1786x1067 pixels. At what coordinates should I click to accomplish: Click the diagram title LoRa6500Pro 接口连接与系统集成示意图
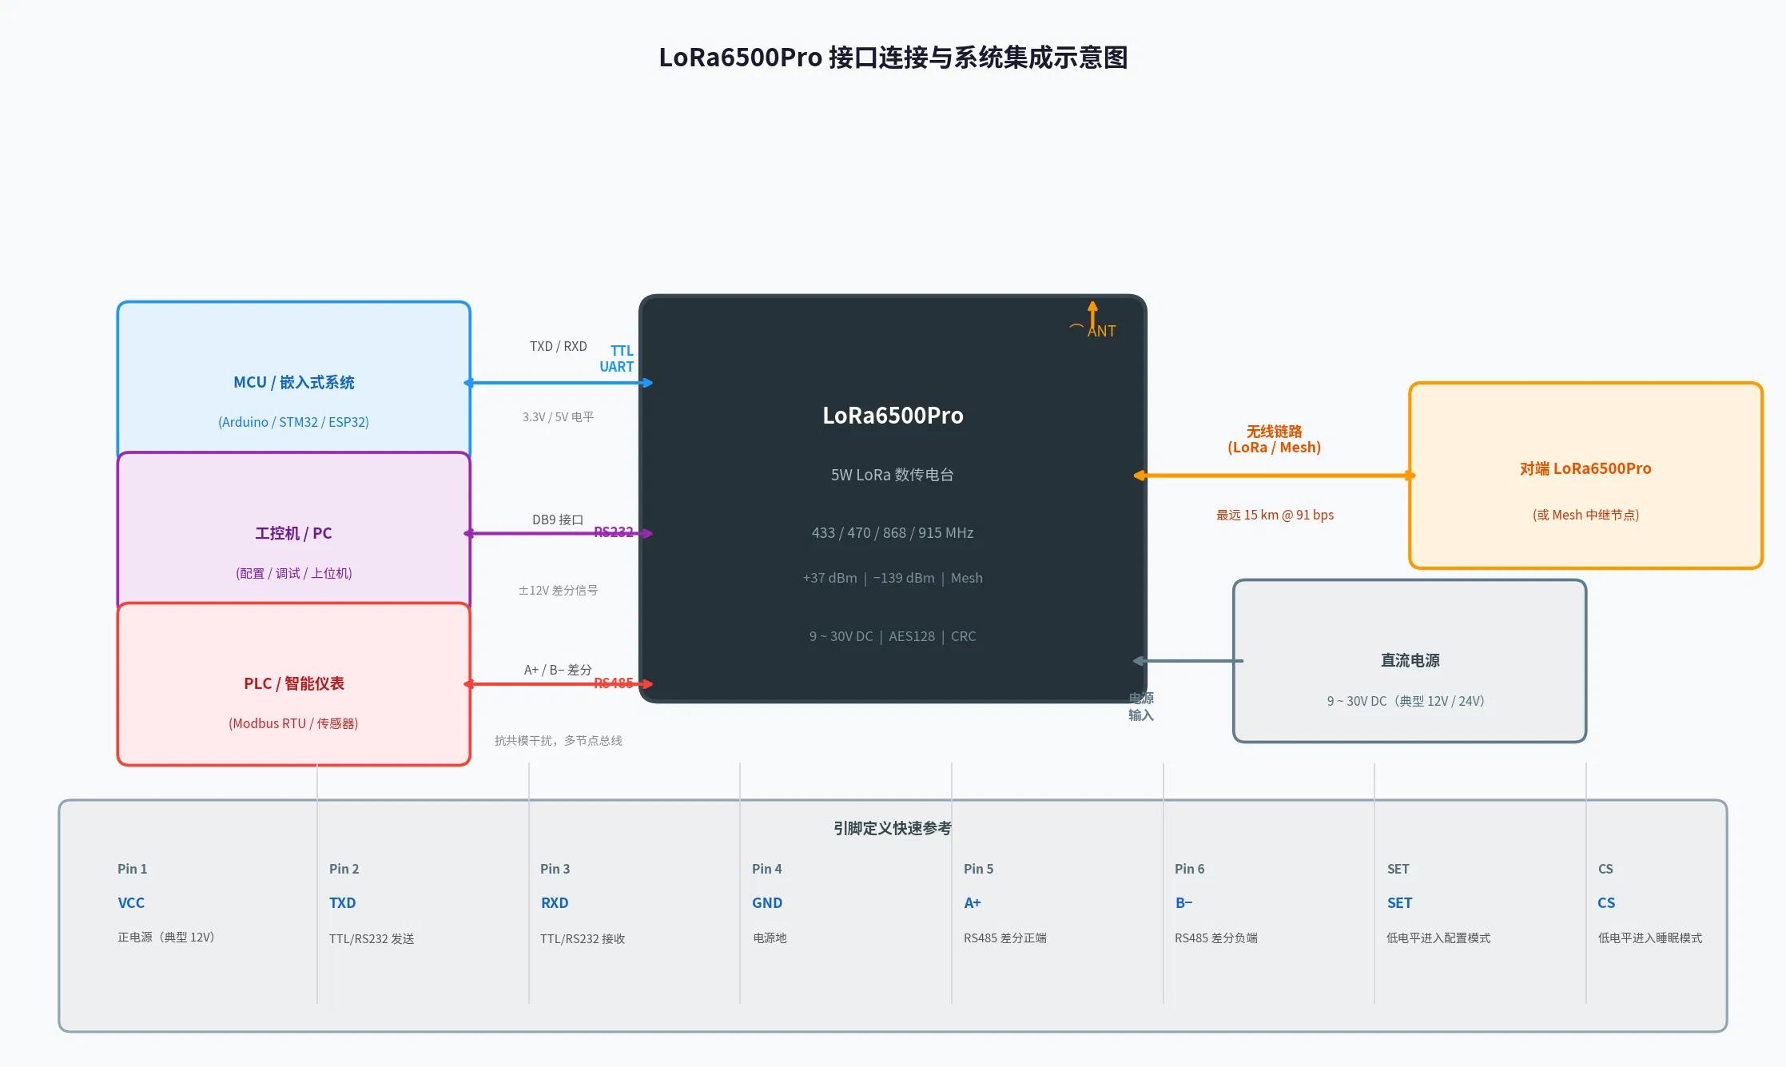click(x=893, y=58)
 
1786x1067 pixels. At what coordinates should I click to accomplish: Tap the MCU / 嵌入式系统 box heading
click(x=293, y=382)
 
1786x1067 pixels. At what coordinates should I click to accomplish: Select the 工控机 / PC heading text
click(x=293, y=533)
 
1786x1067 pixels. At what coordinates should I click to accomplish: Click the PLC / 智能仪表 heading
click(x=293, y=683)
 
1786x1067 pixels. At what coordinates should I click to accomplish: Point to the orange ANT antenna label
click(x=1100, y=331)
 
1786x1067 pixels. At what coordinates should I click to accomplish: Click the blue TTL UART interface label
click(x=617, y=359)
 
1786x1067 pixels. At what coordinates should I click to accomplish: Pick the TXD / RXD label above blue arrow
click(x=558, y=346)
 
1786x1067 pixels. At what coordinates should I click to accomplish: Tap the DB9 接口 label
click(x=558, y=520)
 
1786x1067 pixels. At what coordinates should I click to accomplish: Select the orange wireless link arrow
click(x=1274, y=476)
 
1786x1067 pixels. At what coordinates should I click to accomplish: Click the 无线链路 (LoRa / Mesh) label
click(x=1274, y=440)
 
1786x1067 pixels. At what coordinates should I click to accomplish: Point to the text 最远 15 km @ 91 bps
click(x=1275, y=515)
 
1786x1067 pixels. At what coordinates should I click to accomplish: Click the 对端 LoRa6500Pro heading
click(x=1585, y=468)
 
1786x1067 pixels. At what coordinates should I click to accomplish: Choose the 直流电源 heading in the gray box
click(x=1410, y=660)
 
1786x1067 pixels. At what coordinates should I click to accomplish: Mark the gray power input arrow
click(x=1188, y=661)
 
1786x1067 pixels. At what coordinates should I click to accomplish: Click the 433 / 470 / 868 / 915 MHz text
click(x=893, y=532)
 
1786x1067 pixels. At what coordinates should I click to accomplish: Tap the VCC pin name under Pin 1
click(x=131, y=902)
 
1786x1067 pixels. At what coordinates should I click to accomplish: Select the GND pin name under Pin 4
click(x=766, y=902)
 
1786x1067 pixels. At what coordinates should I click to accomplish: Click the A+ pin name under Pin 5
click(x=972, y=902)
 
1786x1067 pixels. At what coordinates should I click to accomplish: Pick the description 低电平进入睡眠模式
click(x=1649, y=938)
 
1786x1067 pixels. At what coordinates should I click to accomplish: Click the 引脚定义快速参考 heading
click(x=892, y=828)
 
